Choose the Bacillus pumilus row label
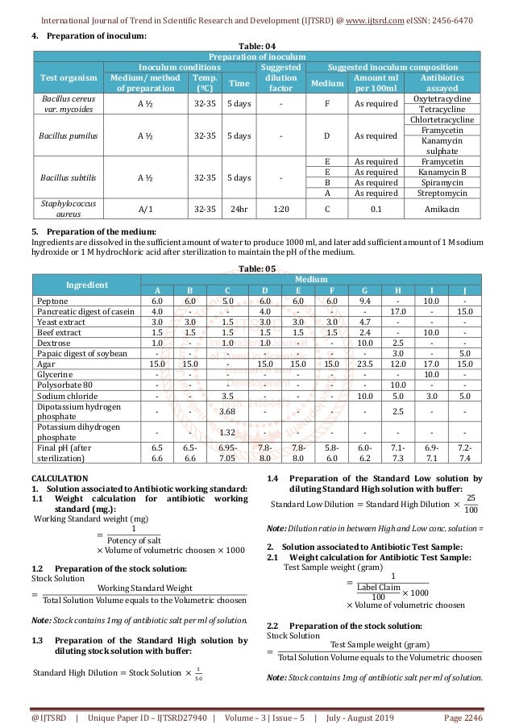69,135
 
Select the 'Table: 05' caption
257,268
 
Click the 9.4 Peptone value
365,300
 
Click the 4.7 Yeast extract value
365,321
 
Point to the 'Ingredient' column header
85,284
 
